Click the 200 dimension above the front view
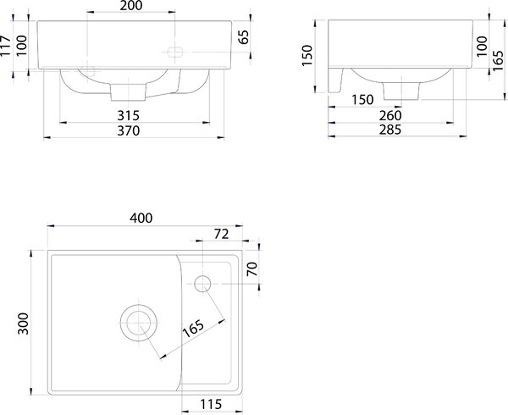tap(131, 6)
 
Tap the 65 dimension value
tap(243, 37)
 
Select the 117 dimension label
tap(5, 46)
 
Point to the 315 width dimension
tap(129, 115)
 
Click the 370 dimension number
tap(129, 130)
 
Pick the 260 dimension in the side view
tap(390, 115)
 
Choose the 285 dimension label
tap(390, 130)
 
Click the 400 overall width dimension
tap(141, 218)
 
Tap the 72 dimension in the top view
tap(221, 234)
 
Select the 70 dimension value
tap(252, 268)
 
